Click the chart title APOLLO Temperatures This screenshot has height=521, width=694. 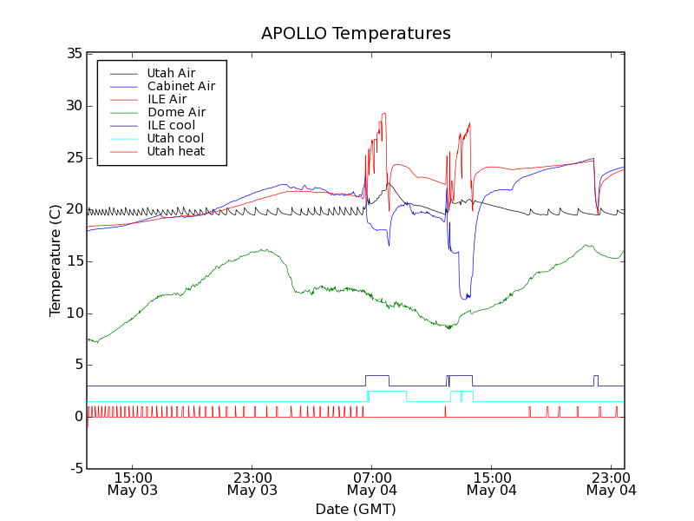click(x=356, y=34)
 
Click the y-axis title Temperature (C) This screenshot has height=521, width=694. click(x=56, y=260)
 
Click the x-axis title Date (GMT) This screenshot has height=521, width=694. click(x=356, y=509)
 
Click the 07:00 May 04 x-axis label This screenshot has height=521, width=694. click(x=372, y=484)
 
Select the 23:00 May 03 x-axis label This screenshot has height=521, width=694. click(x=252, y=484)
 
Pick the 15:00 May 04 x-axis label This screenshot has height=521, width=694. click(x=492, y=484)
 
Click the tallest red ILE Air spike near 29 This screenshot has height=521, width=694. click(x=383, y=114)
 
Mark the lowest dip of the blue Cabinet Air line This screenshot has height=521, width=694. click(x=467, y=298)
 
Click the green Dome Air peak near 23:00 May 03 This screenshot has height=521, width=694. click(x=263, y=250)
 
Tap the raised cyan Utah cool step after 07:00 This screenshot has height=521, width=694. click(x=388, y=392)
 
